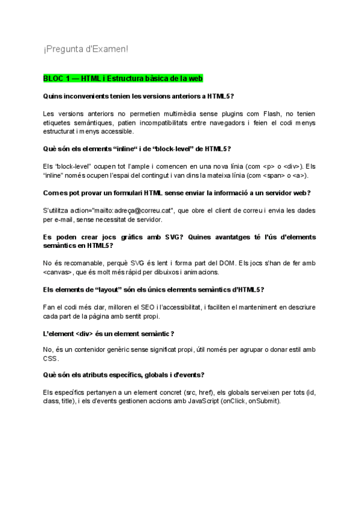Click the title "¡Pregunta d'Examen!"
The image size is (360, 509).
click(x=85, y=49)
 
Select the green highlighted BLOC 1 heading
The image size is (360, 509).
click(x=123, y=79)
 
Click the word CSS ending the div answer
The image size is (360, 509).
click(x=50, y=359)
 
